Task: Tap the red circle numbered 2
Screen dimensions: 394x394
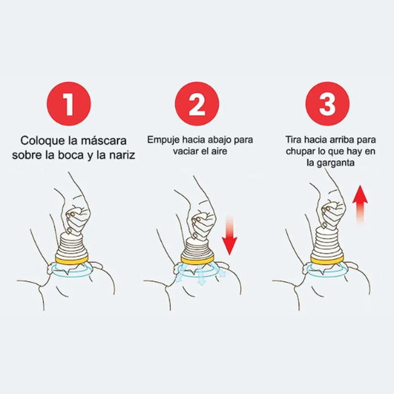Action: (196, 103)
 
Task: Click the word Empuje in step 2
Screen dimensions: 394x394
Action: (162, 140)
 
